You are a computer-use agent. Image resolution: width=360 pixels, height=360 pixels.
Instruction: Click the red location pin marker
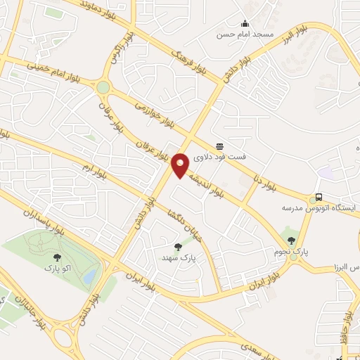(181, 165)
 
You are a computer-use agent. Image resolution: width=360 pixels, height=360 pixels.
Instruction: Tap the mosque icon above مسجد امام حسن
(245, 23)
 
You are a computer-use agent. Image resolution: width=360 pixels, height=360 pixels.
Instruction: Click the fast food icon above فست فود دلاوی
(220, 146)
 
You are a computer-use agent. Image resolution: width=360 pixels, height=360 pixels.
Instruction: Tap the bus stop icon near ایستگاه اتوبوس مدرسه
(319, 197)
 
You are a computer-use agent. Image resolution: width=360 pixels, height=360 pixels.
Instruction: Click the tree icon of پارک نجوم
(291, 240)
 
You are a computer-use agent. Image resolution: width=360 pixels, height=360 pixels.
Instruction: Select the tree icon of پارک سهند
(177, 247)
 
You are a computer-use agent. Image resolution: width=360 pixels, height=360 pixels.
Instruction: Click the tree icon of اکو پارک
(58, 257)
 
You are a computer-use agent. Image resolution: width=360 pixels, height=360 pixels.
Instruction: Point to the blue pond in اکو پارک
(89, 278)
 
